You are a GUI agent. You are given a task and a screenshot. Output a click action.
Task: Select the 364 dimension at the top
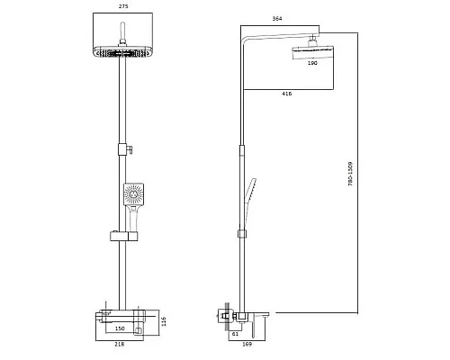(x=278, y=19)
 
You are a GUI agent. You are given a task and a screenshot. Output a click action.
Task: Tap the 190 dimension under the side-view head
(x=312, y=63)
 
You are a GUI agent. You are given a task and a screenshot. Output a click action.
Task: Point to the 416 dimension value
(x=285, y=93)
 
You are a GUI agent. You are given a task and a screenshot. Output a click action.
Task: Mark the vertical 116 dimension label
(x=163, y=321)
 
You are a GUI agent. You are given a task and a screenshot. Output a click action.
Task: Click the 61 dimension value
(x=235, y=333)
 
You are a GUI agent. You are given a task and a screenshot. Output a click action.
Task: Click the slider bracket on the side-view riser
(x=240, y=234)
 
